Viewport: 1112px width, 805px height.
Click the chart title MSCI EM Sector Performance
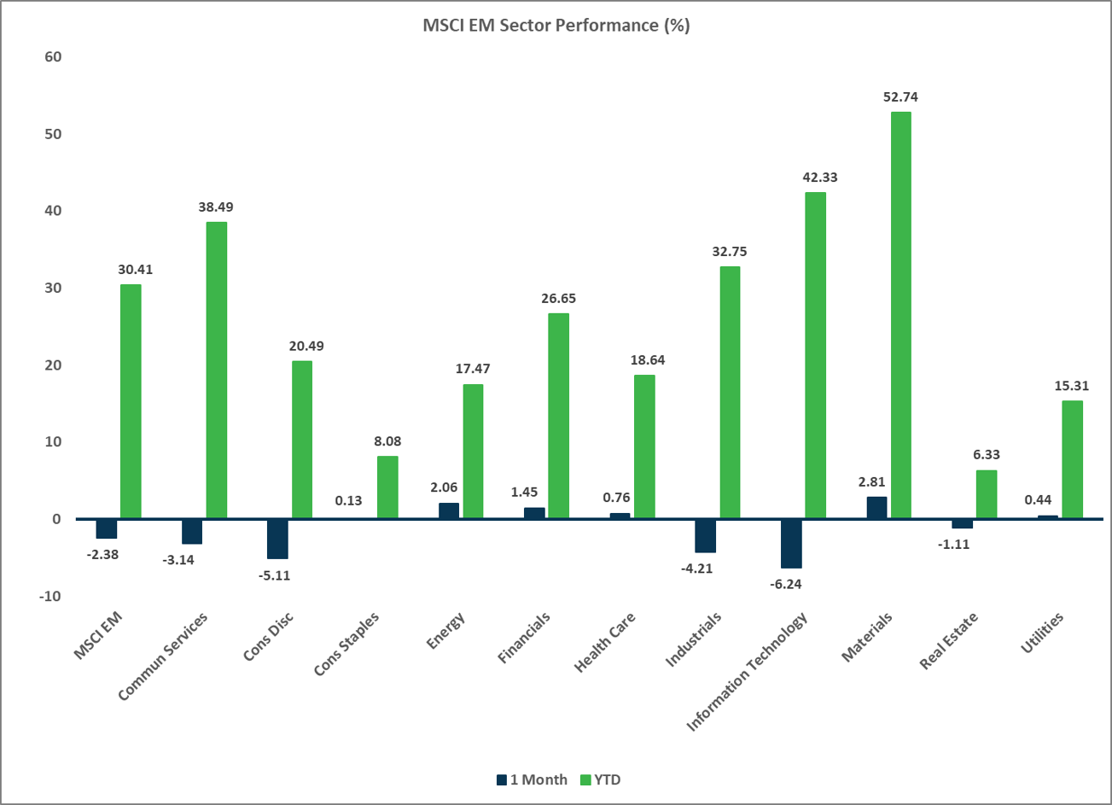pyautogui.click(x=556, y=26)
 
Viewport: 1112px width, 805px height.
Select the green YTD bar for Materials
pyautogui.click(x=900, y=315)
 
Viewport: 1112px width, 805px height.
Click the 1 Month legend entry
pyautogui.click(x=531, y=779)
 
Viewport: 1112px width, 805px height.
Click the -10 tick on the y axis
pyautogui.click(x=49, y=596)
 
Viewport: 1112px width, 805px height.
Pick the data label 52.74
pyautogui.click(x=900, y=97)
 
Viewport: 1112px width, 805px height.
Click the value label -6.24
pyautogui.click(x=789, y=585)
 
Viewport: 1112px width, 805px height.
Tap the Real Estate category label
pyautogui.click(x=949, y=641)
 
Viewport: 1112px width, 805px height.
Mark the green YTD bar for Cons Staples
pyautogui.click(x=387, y=487)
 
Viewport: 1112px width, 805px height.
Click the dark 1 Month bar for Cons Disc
pyautogui.click(x=278, y=539)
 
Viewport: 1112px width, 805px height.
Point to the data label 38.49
pyautogui.click(x=216, y=207)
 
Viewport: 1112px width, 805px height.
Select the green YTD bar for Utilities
pyautogui.click(x=1072, y=459)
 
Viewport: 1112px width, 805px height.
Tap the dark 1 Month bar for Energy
pyautogui.click(x=449, y=510)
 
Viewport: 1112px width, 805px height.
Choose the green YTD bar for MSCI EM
pyautogui.click(x=131, y=401)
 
